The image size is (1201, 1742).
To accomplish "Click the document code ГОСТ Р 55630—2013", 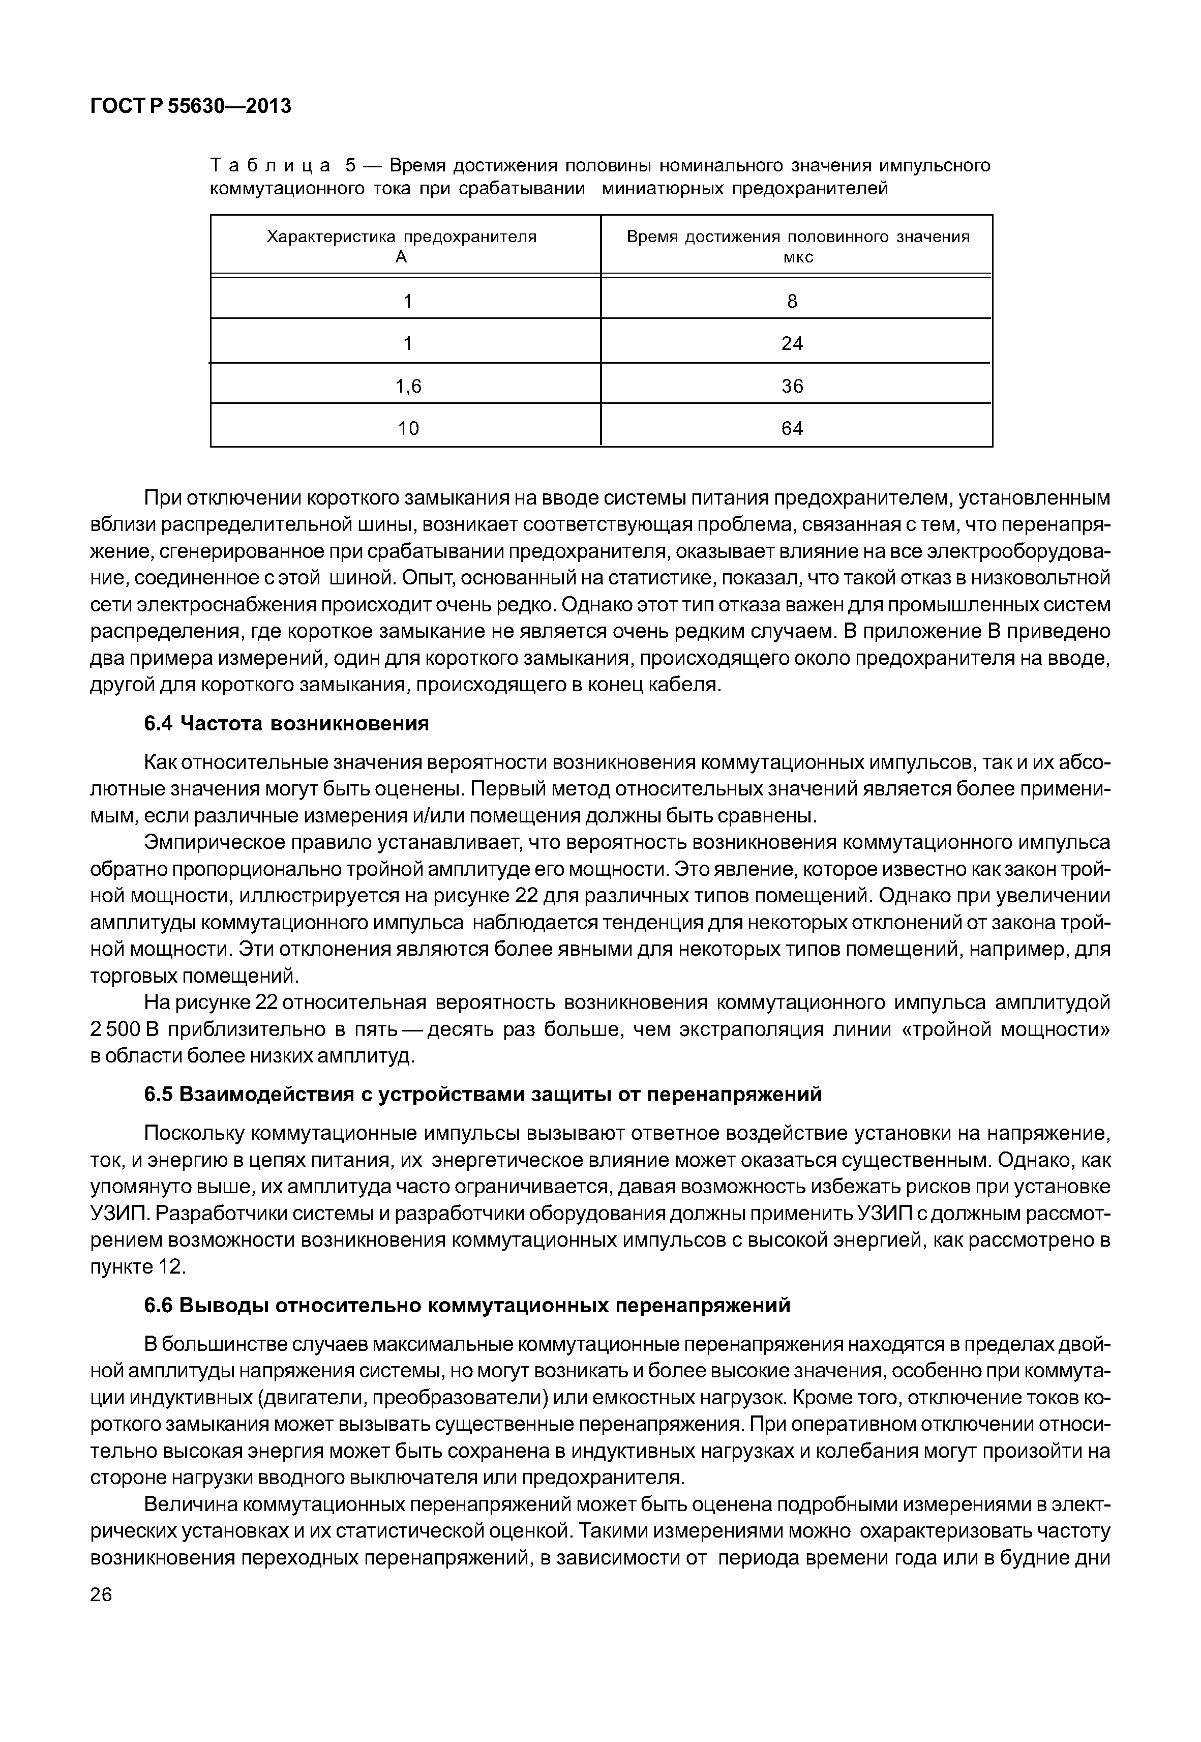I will coord(190,107).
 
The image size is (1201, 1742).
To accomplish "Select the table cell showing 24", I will coord(792,344).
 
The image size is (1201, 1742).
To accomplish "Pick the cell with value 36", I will coord(792,386).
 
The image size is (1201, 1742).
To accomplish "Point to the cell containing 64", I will coord(792,428).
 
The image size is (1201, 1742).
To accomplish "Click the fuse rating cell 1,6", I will coord(409,386).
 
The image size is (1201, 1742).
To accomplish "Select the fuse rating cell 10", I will coord(409,428).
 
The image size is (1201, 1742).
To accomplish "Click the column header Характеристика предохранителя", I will coord(402,237).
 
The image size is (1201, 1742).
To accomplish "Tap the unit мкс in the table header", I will coord(798,257).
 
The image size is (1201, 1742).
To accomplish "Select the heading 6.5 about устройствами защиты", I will coord(483,1095).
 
